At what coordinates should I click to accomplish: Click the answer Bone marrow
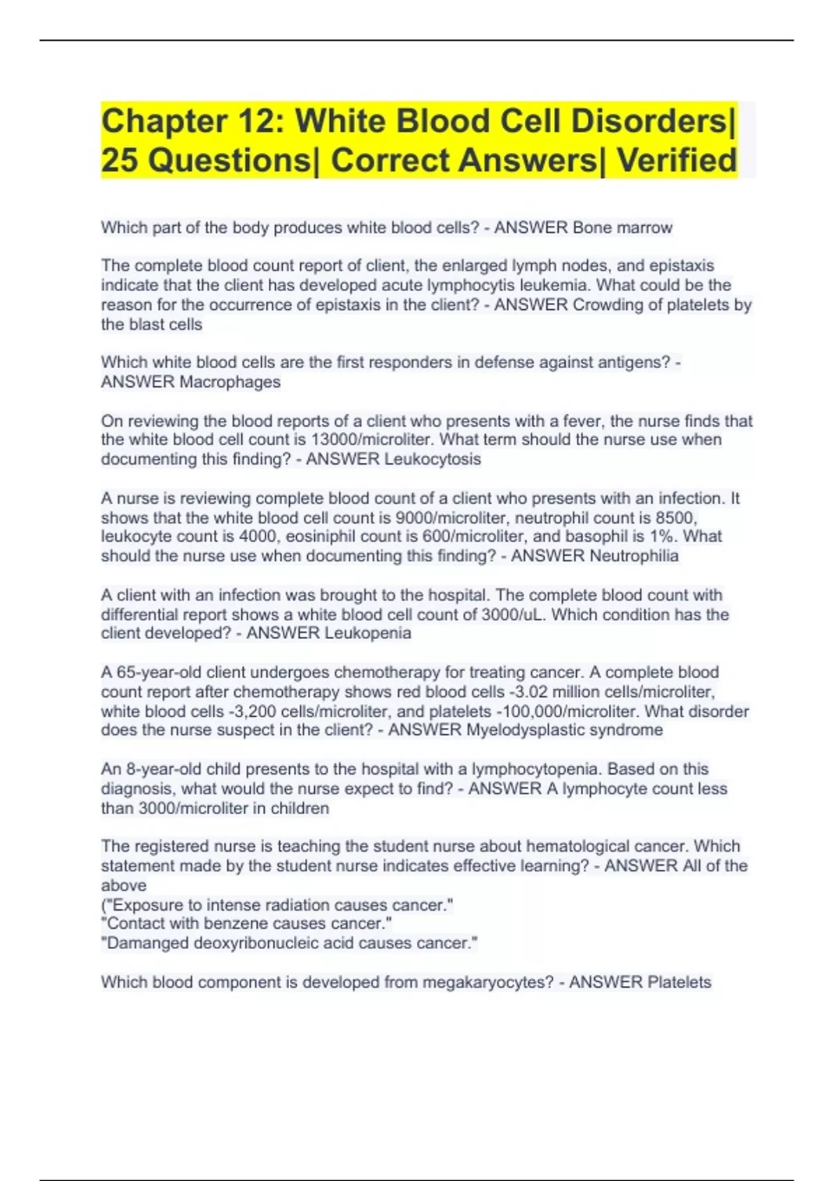(x=622, y=228)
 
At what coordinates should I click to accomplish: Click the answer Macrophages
(x=230, y=382)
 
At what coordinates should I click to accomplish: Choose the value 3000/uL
(x=514, y=615)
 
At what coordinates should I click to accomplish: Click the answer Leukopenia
(x=368, y=633)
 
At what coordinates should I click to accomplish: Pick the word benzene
(x=240, y=923)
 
